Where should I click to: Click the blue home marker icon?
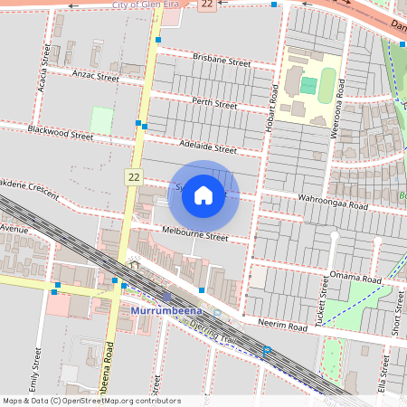203,195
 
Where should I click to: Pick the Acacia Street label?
43,60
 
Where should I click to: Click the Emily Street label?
38,370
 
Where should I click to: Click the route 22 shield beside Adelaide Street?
134,176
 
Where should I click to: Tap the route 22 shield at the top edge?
208,5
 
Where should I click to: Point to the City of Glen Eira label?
149,5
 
